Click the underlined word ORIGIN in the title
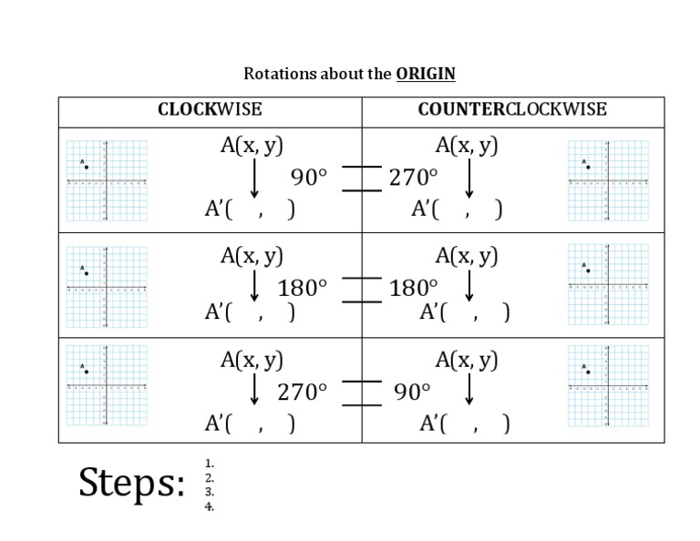click(x=426, y=74)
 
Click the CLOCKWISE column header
click(x=210, y=109)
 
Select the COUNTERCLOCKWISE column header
click(x=512, y=109)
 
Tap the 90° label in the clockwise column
click(x=308, y=177)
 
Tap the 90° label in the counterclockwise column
click(x=412, y=392)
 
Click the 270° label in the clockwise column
click(x=302, y=392)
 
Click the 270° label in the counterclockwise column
click(x=413, y=177)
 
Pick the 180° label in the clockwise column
click(x=302, y=288)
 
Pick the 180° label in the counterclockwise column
click(x=413, y=288)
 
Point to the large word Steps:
click(x=132, y=483)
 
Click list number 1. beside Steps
click(x=210, y=463)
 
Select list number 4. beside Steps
click(x=210, y=506)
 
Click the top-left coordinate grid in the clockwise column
click(x=107, y=180)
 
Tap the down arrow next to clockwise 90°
click(x=254, y=179)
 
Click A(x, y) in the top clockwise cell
click(x=252, y=146)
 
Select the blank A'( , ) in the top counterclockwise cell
click(x=457, y=209)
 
